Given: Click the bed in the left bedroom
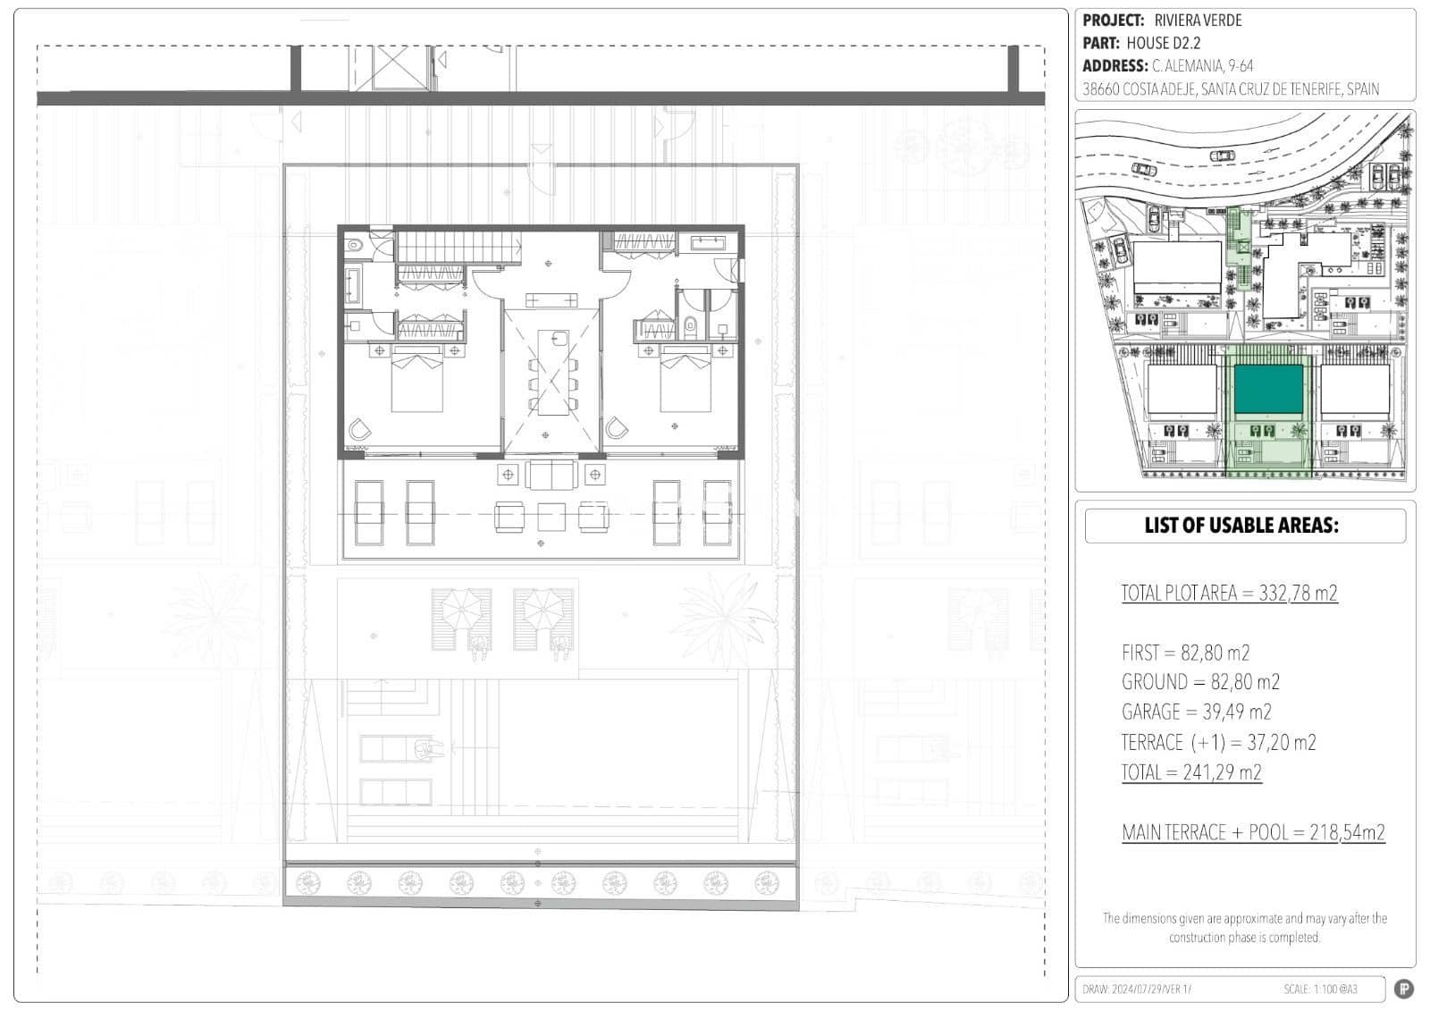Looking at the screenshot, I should pyautogui.click(x=417, y=382).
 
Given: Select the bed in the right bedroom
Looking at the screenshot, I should pyautogui.click(x=686, y=382).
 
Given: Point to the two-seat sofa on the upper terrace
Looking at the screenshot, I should pyautogui.click(x=551, y=475).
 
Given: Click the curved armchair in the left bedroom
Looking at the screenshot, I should pyautogui.click(x=359, y=430).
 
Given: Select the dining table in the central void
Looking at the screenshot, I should pyautogui.click(x=553, y=371).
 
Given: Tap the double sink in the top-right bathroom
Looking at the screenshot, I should pyautogui.click(x=712, y=241).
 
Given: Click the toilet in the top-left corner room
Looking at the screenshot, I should pyautogui.click(x=354, y=243).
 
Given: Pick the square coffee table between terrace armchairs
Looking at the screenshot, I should pyautogui.click(x=551, y=517).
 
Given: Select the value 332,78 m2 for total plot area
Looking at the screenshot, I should pyautogui.click(x=1298, y=593).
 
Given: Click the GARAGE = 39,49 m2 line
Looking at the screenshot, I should pyautogui.click(x=1196, y=712).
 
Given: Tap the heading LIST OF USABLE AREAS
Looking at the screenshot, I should pyautogui.click(x=1241, y=526).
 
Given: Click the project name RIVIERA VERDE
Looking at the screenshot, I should pyautogui.click(x=1198, y=21).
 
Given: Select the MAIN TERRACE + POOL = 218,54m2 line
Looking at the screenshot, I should pyautogui.click(x=1253, y=832).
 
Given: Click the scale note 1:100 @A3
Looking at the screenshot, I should pyautogui.click(x=1335, y=989).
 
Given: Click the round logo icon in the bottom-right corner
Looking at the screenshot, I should pyautogui.click(x=1403, y=989).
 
